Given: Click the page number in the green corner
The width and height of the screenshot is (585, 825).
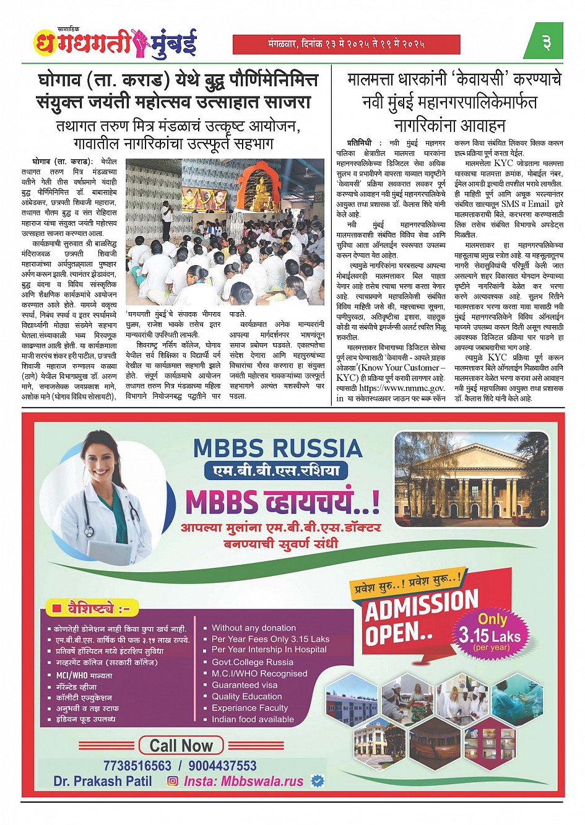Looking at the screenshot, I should (x=546, y=43).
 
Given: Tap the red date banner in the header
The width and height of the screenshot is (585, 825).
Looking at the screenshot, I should (x=346, y=45).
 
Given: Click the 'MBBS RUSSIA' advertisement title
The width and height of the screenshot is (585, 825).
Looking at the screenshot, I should (x=277, y=448).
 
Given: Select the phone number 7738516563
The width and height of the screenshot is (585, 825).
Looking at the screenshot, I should (x=137, y=766).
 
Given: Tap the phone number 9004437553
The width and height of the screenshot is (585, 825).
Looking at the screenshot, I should (x=222, y=766).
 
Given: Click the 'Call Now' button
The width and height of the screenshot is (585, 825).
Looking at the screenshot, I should (x=180, y=746).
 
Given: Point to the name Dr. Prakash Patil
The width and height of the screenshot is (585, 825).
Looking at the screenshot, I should (x=103, y=781).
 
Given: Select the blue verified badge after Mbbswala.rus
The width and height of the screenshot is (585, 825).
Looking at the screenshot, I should (x=318, y=781).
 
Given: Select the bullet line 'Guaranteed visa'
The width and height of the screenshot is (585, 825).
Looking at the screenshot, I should (x=245, y=685).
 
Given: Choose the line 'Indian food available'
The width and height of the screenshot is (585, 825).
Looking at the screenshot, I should (x=253, y=719).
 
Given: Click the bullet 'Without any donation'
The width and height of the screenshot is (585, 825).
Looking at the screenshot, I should (x=254, y=628).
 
